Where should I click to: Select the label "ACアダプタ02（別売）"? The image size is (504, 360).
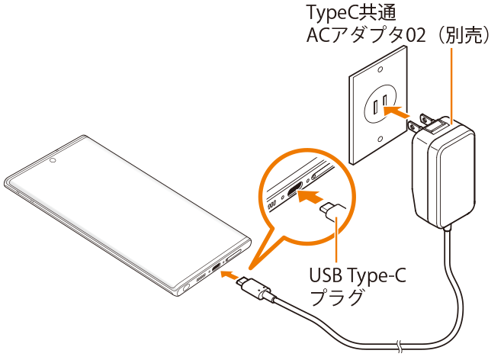coord(397,36)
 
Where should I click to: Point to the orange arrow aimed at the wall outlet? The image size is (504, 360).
coord(398,111)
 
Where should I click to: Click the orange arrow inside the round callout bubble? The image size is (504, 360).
coord(308,197)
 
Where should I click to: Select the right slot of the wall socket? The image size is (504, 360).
coord(387,99)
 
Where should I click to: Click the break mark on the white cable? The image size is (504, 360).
coord(401,344)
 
